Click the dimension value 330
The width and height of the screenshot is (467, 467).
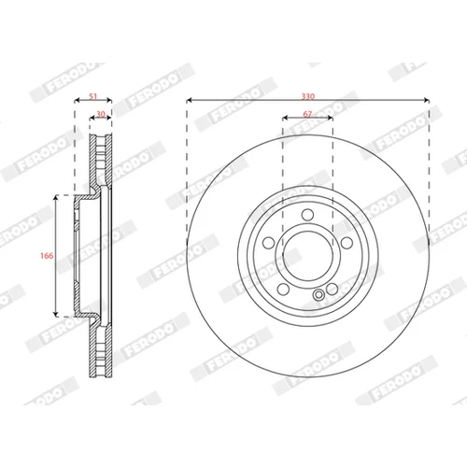(307, 96)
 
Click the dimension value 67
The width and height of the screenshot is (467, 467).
(307, 114)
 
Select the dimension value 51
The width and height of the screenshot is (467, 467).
(93, 96)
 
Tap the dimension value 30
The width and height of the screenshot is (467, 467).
(101, 114)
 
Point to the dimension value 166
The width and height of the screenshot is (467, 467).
(47, 256)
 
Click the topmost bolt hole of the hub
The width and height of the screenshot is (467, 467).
(308, 214)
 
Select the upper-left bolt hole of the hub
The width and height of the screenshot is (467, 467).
(269, 243)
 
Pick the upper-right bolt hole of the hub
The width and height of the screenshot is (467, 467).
(347, 243)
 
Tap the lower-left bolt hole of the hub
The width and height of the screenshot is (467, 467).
(283, 289)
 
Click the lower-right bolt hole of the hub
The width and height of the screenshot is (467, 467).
(333, 289)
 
